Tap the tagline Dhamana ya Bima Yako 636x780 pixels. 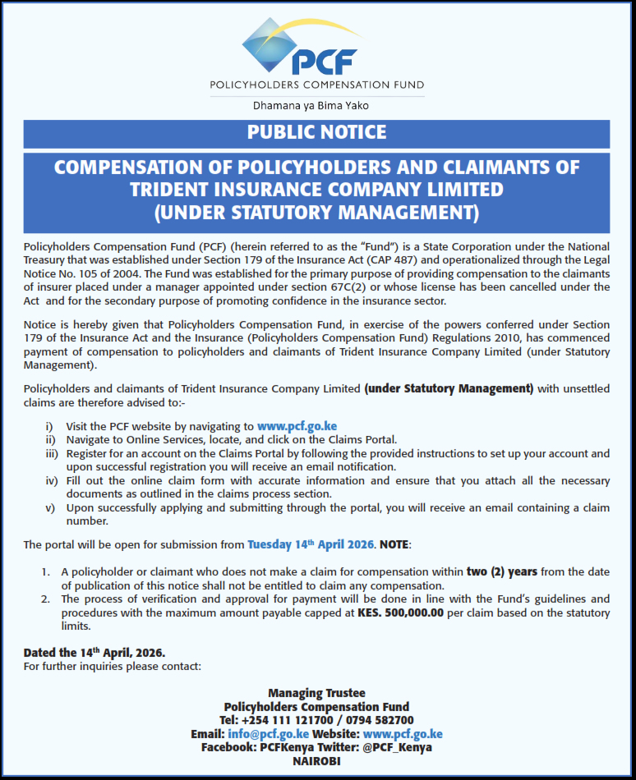(x=316, y=106)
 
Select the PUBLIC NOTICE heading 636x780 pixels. (x=316, y=133)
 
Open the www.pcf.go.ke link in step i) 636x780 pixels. (x=297, y=426)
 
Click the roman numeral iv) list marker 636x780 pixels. (x=50, y=481)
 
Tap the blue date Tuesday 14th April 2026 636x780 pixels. (x=311, y=544)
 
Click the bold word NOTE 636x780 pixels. (x=394, y=544)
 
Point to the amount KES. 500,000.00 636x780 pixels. (x=400, y=613)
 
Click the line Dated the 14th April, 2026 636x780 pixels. (x=94, y=653)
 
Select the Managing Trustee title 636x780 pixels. (x=316, y=694)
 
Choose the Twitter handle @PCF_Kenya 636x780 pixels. (x=398, y=747)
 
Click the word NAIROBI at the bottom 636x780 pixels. (x=316, y=761)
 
